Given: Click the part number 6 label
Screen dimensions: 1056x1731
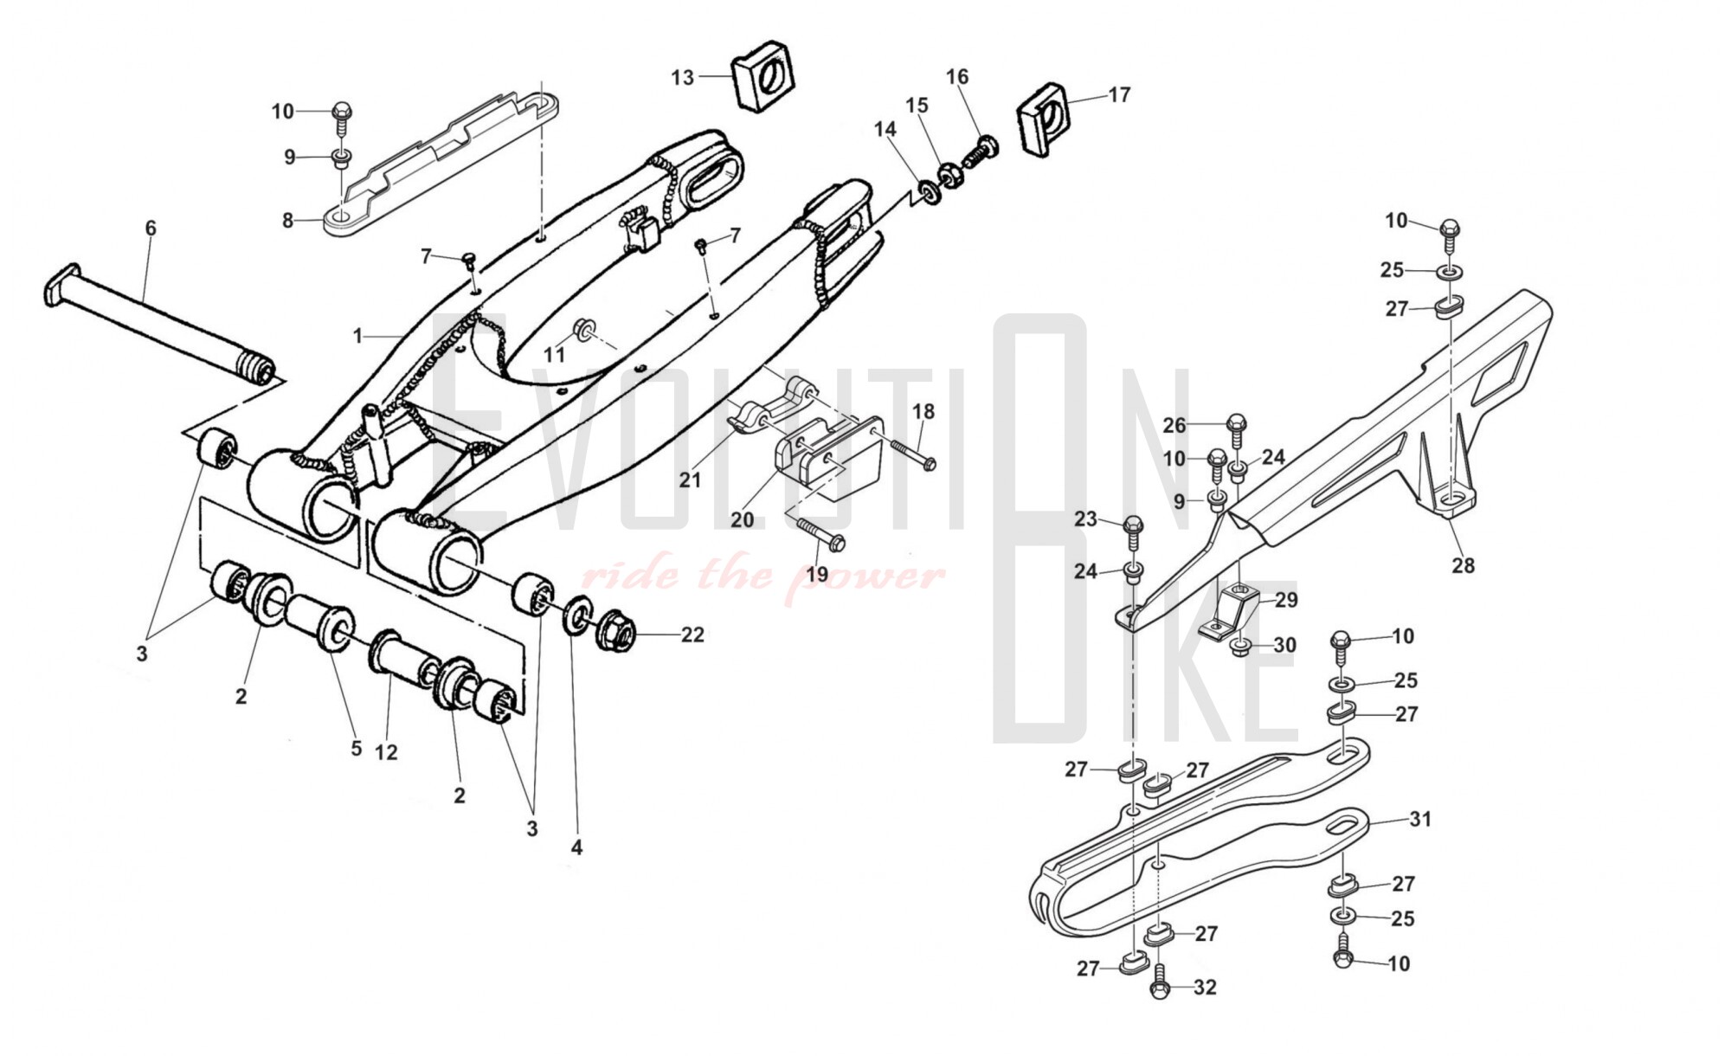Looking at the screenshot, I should click(151, 229).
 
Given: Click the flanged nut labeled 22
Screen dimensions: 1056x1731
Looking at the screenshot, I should click(616, 633).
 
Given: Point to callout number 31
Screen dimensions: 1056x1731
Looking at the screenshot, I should click(1420, 819).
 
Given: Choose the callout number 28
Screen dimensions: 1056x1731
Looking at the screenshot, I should click(1463, 566).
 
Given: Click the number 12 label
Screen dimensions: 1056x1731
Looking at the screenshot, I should click(386, 752).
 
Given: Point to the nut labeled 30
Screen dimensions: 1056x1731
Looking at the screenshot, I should click(1239, 645).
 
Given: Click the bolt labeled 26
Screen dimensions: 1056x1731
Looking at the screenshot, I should click(1237, 428).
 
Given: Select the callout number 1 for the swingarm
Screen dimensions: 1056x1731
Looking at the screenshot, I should click(357, 336).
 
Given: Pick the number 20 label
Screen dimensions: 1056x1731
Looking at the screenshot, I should click(742, 519).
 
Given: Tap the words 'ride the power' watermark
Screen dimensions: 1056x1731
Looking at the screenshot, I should click(762, 576).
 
